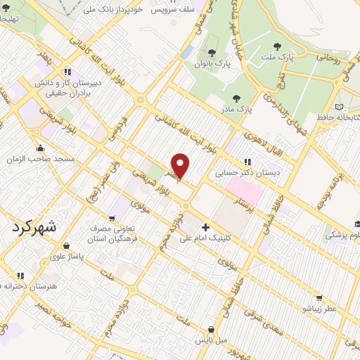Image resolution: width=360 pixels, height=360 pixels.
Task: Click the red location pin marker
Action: (181, 166)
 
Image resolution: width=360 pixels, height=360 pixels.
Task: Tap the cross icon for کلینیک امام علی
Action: (205, 227)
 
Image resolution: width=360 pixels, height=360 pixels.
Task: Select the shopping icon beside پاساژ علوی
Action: (66, 246)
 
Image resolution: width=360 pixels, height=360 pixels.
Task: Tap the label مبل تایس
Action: (211, 340)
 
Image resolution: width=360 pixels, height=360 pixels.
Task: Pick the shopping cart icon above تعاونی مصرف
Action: (112, 219)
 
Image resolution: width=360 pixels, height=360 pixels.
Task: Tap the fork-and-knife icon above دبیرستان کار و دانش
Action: (67, 71)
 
